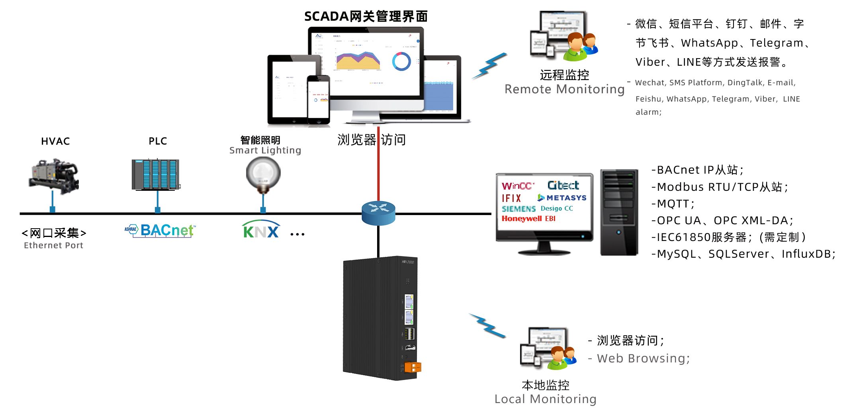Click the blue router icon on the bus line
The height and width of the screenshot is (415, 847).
point(378,213)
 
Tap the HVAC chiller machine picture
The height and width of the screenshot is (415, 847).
point(54,176)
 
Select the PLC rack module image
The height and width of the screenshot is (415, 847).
point(156,174)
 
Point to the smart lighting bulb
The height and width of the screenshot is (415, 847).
point(263,174)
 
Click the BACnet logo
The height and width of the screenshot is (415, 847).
point(160,230)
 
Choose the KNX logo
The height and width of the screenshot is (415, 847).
point(261,230)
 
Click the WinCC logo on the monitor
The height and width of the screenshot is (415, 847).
point(517,186)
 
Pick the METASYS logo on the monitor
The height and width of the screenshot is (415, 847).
point(562,198)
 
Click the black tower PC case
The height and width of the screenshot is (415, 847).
point(619,212)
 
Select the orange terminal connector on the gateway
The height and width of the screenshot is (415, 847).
point(413,367)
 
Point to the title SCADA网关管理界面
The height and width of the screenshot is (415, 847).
point(366,16)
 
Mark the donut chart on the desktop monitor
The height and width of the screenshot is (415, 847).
point(401,61)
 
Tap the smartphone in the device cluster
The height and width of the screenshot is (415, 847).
point(318,100)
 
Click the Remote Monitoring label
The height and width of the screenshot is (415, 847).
point(564,89)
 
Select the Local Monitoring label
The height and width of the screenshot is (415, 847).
point(545,399)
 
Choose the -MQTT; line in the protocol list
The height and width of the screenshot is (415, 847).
point(673,204)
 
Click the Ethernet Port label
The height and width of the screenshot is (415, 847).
point(53,245)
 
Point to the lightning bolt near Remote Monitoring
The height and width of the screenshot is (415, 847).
point(490,66)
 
